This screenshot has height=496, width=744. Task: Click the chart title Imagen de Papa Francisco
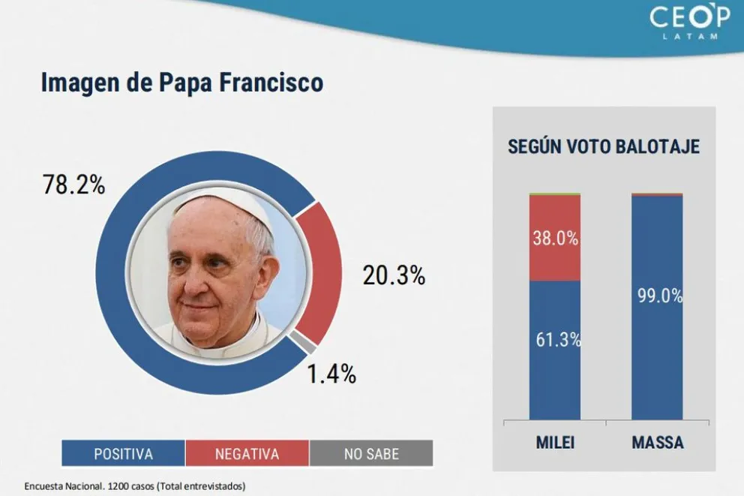point(181,82)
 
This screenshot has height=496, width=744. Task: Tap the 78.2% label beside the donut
point(73,184)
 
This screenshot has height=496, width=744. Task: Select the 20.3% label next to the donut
point(394,275)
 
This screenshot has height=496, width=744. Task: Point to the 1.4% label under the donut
point(331,373)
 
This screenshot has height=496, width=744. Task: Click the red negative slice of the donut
point(319,274)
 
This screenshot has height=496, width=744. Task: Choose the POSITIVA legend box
point(123,454)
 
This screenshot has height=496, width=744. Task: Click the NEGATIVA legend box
point(247,454)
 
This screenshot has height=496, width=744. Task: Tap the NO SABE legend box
point(371,454)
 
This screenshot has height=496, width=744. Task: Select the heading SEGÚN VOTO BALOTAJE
point(604,146)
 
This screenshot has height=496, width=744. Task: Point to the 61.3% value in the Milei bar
point(557,339)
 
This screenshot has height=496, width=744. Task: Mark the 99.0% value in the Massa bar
point(659,296)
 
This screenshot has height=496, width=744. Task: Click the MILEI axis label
point(555,442)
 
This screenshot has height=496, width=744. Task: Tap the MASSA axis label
point(658,442)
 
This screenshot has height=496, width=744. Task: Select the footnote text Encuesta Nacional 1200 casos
point(135,485)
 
